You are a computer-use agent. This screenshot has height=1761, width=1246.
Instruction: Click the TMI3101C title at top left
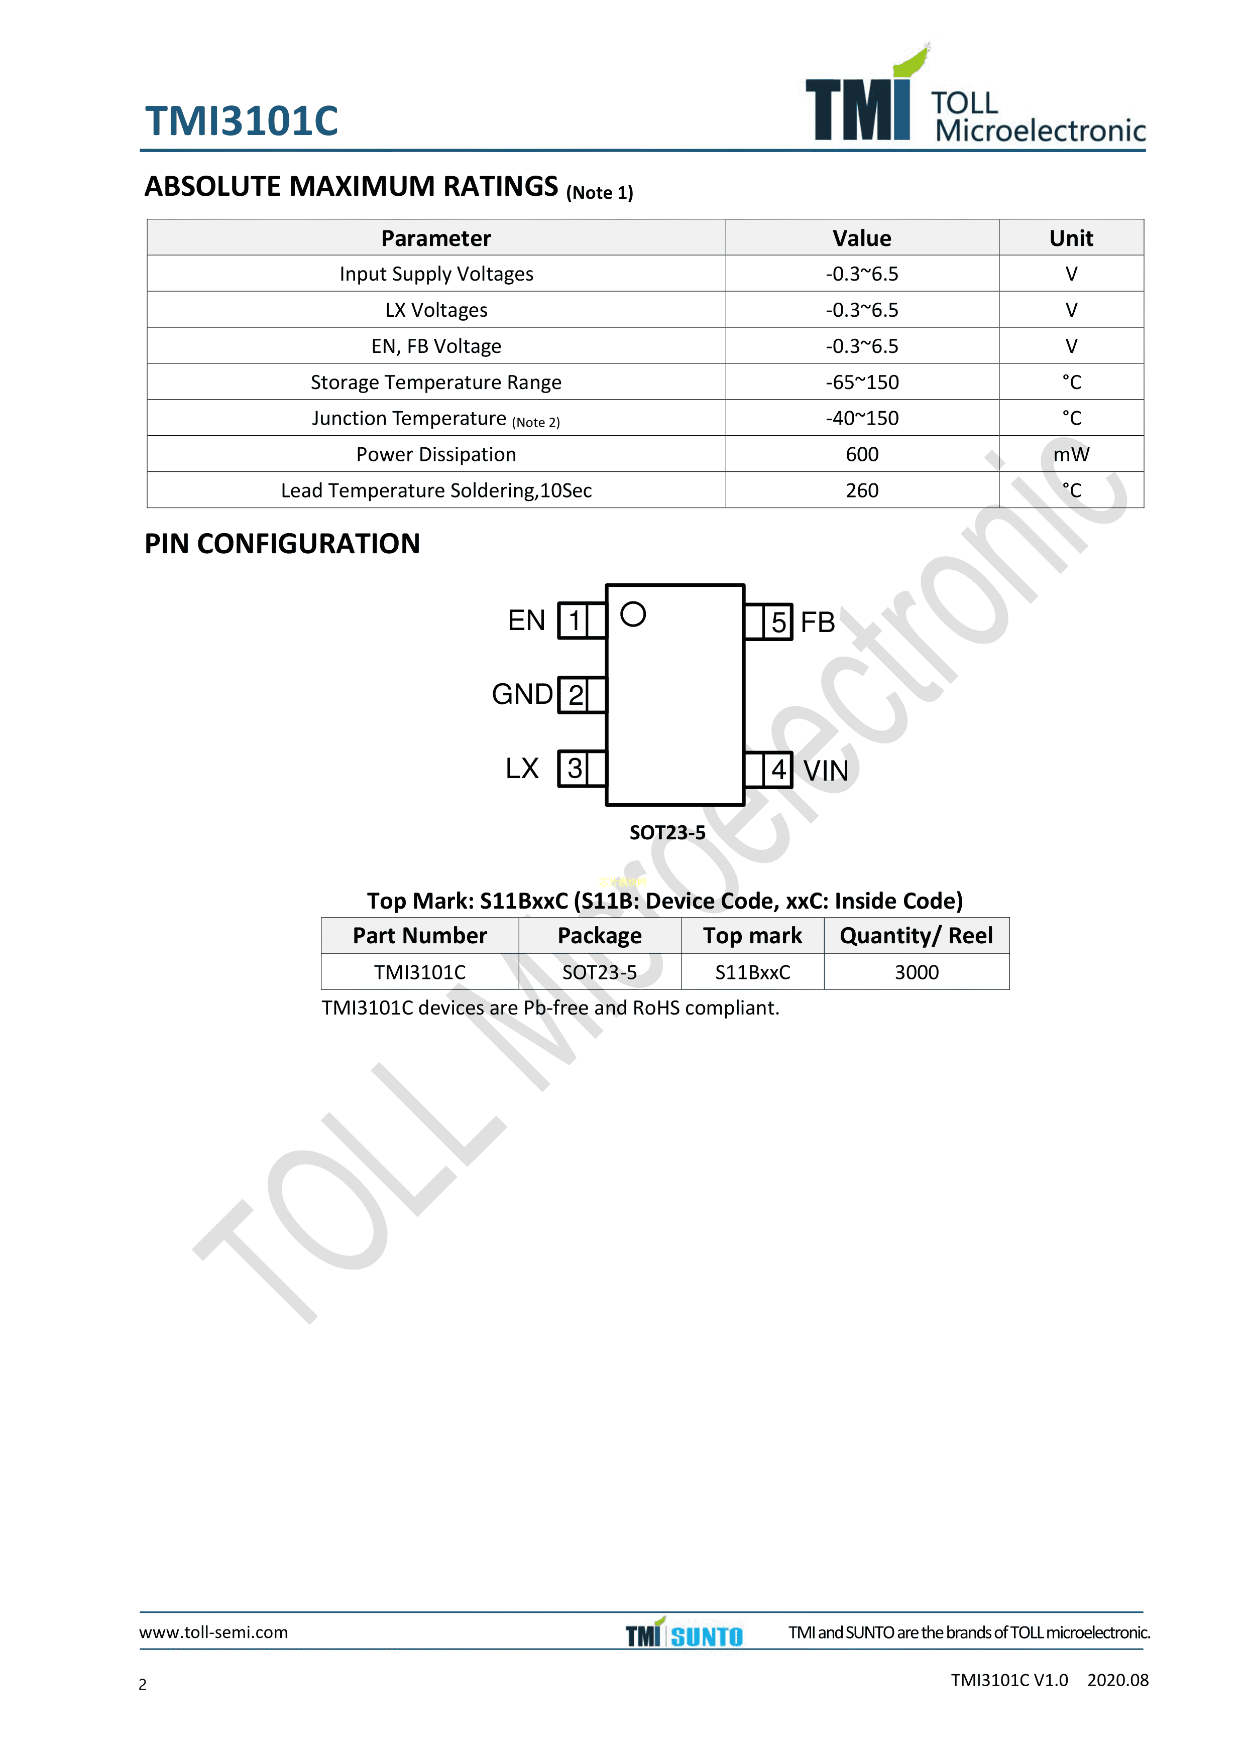(242, 120)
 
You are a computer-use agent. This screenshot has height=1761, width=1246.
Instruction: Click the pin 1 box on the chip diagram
(573, 620)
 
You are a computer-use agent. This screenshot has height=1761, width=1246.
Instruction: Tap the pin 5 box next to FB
(778, 622)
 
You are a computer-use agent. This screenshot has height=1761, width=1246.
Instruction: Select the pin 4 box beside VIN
(778, 769)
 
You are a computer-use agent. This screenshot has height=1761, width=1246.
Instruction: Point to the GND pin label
(522, 694)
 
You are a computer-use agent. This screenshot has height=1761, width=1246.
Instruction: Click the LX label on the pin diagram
(522, 768)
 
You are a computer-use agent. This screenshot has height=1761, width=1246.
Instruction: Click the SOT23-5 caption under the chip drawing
(667, 832)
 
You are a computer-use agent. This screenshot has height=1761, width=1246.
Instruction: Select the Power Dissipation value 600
(862, 454)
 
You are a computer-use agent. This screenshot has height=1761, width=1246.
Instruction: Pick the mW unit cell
(1071, 454)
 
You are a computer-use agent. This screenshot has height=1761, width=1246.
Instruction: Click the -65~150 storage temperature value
(862, 382)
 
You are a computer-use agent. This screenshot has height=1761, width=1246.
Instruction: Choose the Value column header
(862, 238)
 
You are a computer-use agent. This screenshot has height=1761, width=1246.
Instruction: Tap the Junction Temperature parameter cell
(436, 419)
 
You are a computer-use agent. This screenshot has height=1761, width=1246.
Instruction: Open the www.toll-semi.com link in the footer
(213, 1632)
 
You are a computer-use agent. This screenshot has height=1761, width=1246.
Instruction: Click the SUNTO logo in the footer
(707, 1637)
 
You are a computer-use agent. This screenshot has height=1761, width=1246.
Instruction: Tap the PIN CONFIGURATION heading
(282, 544)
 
